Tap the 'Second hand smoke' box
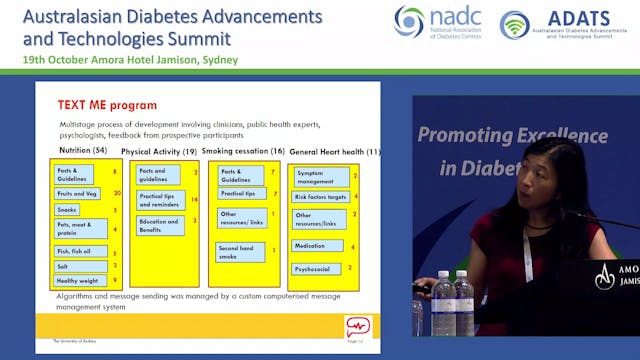pyautogui.click(x=237, y=253)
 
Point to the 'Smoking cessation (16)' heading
pyautogui.click(x=242, y=151)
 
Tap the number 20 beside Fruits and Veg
pyautogui.click(x=117, y=192)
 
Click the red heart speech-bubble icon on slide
pyautogui.click(x=357, y=326)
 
